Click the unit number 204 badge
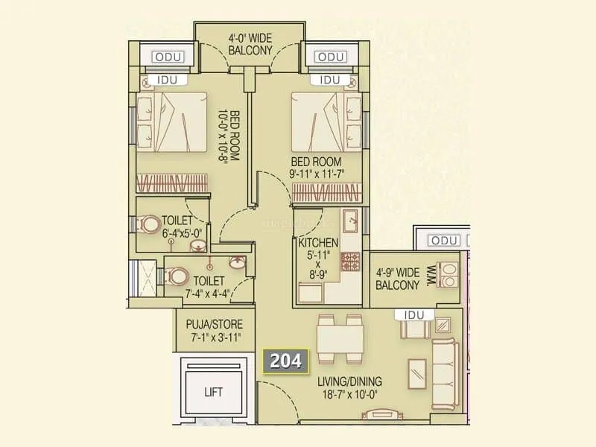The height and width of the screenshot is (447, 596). [x=286, y=361]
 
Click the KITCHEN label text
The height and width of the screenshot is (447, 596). [x=319, y=243]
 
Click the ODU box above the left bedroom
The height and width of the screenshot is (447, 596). [x=167, y=57]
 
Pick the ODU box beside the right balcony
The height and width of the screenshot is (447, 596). [x=445, y=240]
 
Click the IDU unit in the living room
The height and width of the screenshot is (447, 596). [x=413, y=316]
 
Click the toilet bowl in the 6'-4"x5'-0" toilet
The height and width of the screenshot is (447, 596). [x=151, y=223]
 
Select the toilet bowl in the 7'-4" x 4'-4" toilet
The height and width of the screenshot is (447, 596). [x=177, y=276]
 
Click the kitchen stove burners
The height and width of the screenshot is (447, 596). [x=350, y=261]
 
